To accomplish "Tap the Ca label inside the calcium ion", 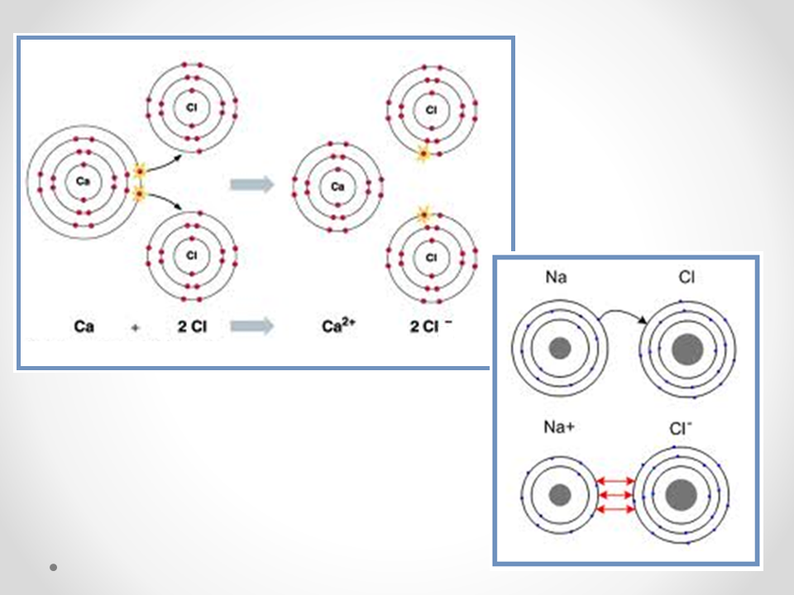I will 337,187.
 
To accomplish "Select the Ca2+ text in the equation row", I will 337,326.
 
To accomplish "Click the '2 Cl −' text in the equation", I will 431,326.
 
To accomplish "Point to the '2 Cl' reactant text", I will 191,326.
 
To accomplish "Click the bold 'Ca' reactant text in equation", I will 84,326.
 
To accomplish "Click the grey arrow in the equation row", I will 251,326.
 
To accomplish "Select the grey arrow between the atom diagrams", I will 251,184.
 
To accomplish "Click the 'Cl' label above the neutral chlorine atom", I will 686,278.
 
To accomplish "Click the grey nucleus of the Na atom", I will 560,348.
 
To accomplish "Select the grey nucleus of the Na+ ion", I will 560,495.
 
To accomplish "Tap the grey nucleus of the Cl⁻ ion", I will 682,495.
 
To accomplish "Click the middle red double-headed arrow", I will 615,495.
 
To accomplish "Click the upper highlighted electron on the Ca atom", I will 139,171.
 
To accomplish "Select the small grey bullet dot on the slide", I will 53,568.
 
